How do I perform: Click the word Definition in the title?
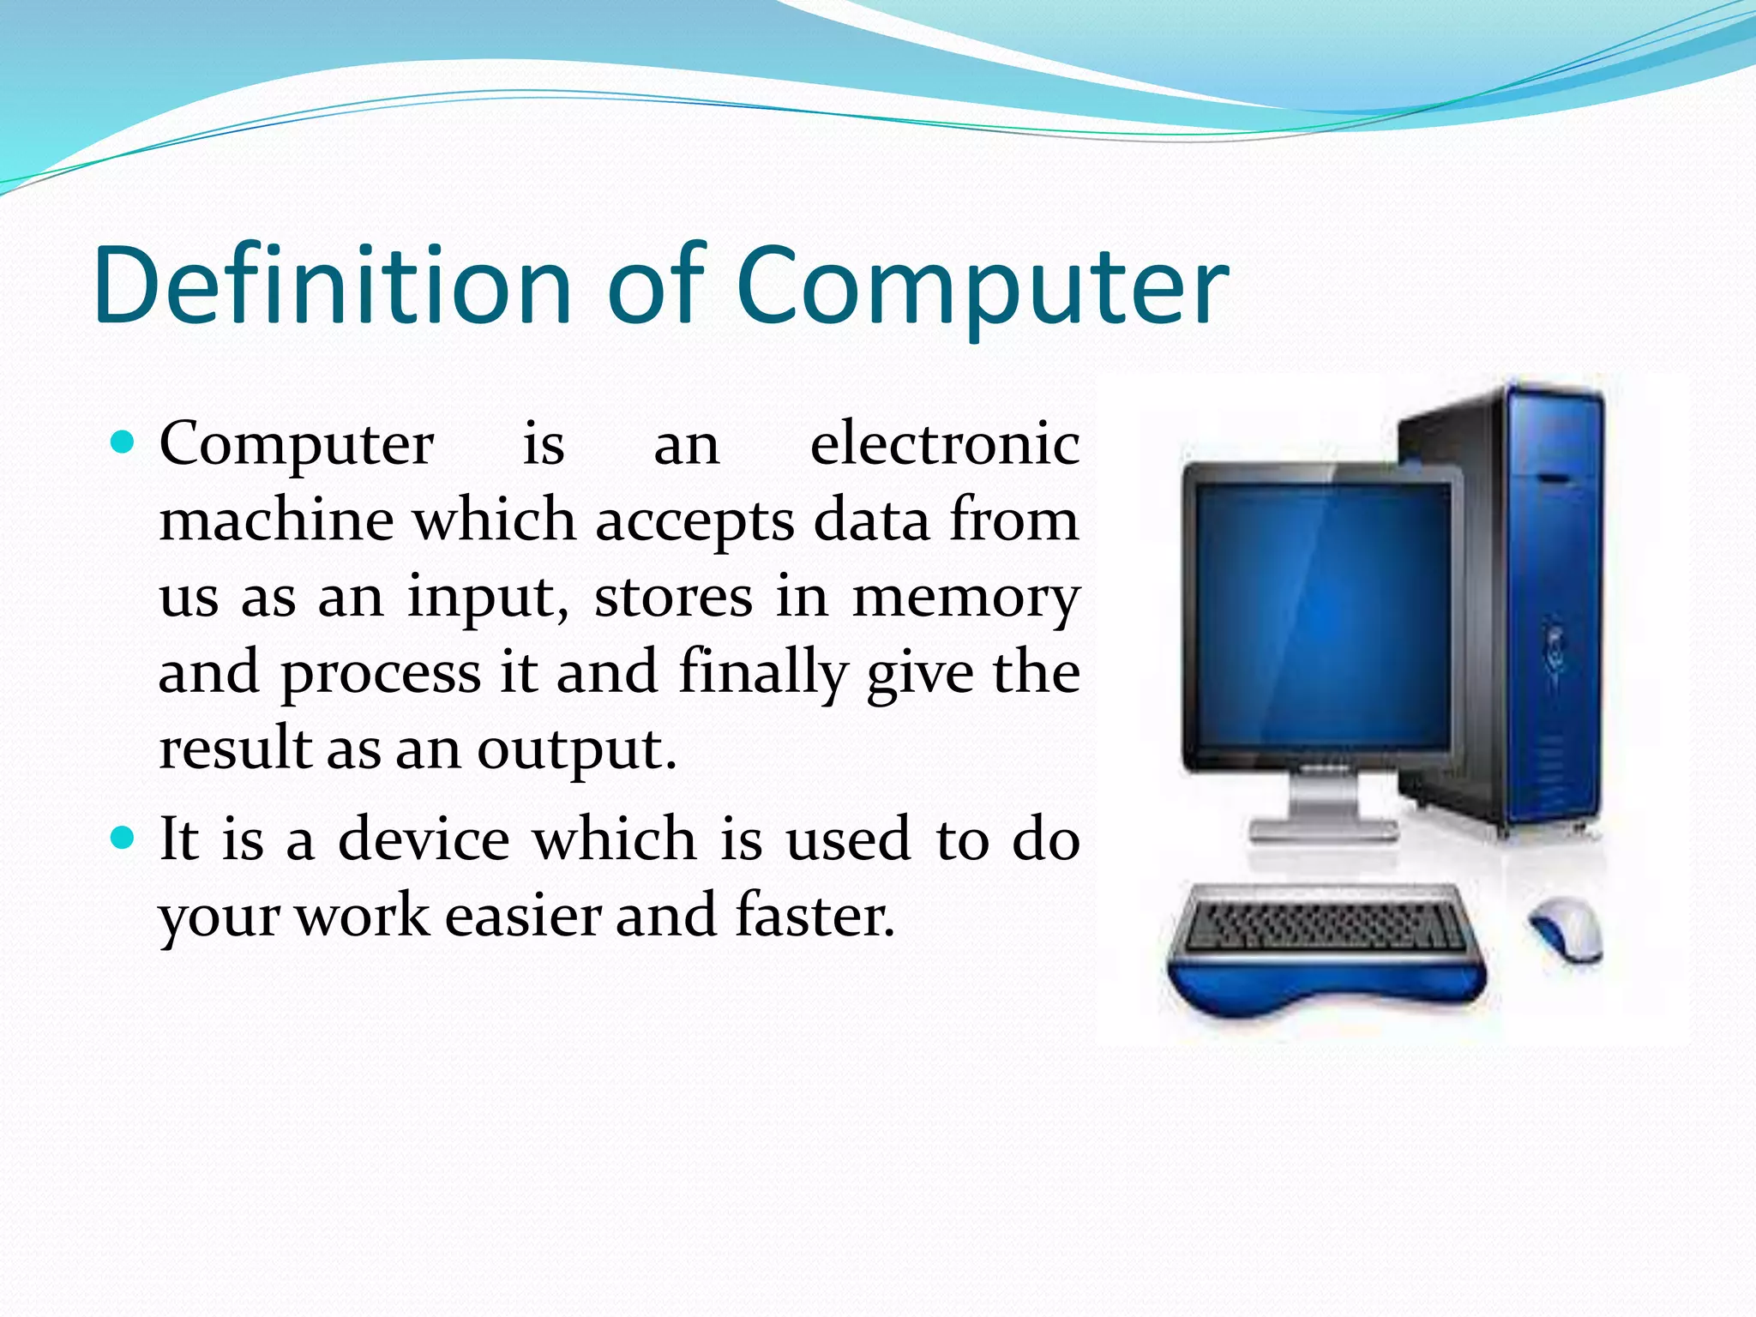click(x=333, y=286)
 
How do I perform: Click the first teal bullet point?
click(x=124, y=442)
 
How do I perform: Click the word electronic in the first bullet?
click(x=944, y=444)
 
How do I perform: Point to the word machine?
click(x=276, y=520)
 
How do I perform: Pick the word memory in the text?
click(x=965, y=598)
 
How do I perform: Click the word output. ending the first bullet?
click(x=576, y=749)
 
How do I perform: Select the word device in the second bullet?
click(x=423, y=839)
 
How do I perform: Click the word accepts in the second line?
click(x=695, y=521)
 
